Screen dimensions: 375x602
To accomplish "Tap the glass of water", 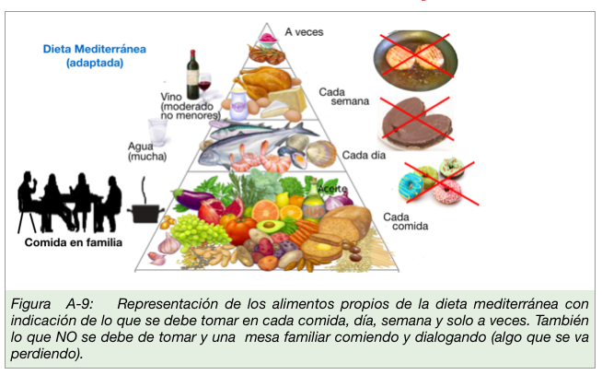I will (x=158, y=130).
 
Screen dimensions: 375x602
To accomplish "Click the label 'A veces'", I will (x=304, y=31).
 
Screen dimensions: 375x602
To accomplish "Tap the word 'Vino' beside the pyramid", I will (x=171, y=95).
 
